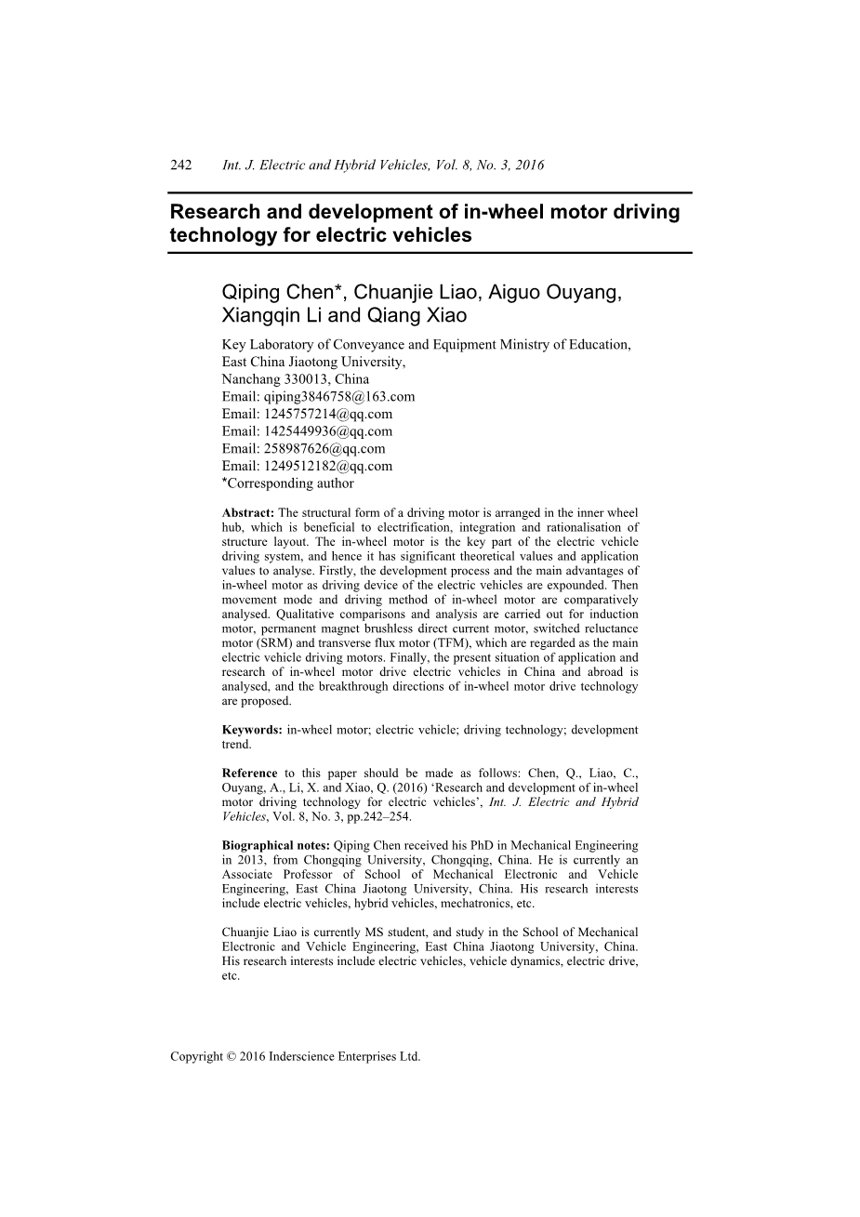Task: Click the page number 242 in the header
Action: (180, 165)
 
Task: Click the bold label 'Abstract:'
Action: (248, 512)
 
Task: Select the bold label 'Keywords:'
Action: (252, 730)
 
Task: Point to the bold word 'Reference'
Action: (249, 773)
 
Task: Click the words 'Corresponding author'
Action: (290, 483)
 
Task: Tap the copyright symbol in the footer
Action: (231, 1056)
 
